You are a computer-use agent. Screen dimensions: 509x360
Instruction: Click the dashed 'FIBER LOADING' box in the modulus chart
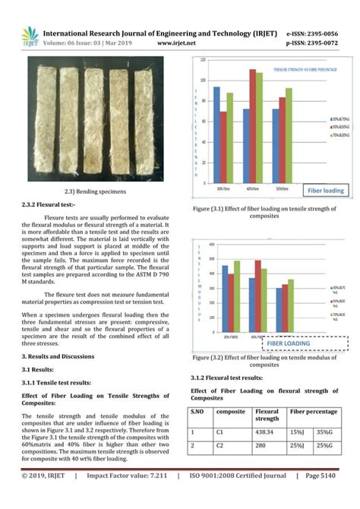(x=303, y=343)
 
